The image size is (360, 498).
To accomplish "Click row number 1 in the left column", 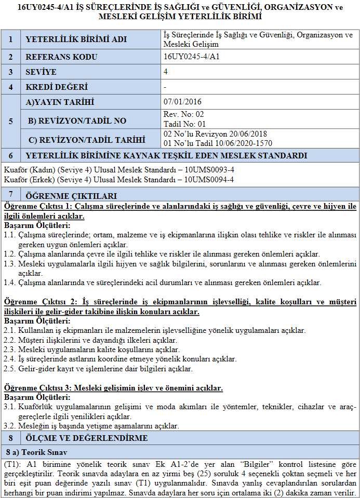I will coord(10,40).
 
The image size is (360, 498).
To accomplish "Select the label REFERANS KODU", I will coord(61,57).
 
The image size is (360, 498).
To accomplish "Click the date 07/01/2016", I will coord(182,102).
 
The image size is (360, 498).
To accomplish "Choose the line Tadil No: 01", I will coord(185,124).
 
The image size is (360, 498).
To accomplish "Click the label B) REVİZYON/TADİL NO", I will coord(77,120).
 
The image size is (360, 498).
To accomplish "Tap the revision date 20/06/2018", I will coord(250,134).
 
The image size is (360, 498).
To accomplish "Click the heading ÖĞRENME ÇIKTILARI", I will coord(72,196).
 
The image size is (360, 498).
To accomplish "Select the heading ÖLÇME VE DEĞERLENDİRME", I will coord(86,438).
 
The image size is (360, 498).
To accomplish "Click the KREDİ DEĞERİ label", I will coord(57,87).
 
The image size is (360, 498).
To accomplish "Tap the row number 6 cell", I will coord(10,155).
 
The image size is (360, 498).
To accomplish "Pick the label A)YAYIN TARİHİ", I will coord(68,102).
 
